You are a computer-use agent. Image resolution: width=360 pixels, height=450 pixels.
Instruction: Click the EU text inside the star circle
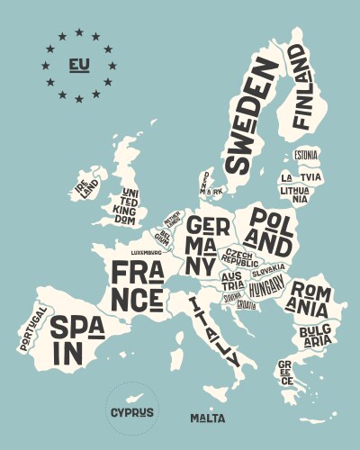[78, 65]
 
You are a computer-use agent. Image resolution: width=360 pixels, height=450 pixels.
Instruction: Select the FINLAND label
[300, 88]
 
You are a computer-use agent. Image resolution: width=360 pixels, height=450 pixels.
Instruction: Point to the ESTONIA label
[306, 155]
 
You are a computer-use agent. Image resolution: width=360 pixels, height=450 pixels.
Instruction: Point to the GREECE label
[285, 372]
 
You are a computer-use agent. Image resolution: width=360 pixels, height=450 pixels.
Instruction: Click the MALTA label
[207, 418]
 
